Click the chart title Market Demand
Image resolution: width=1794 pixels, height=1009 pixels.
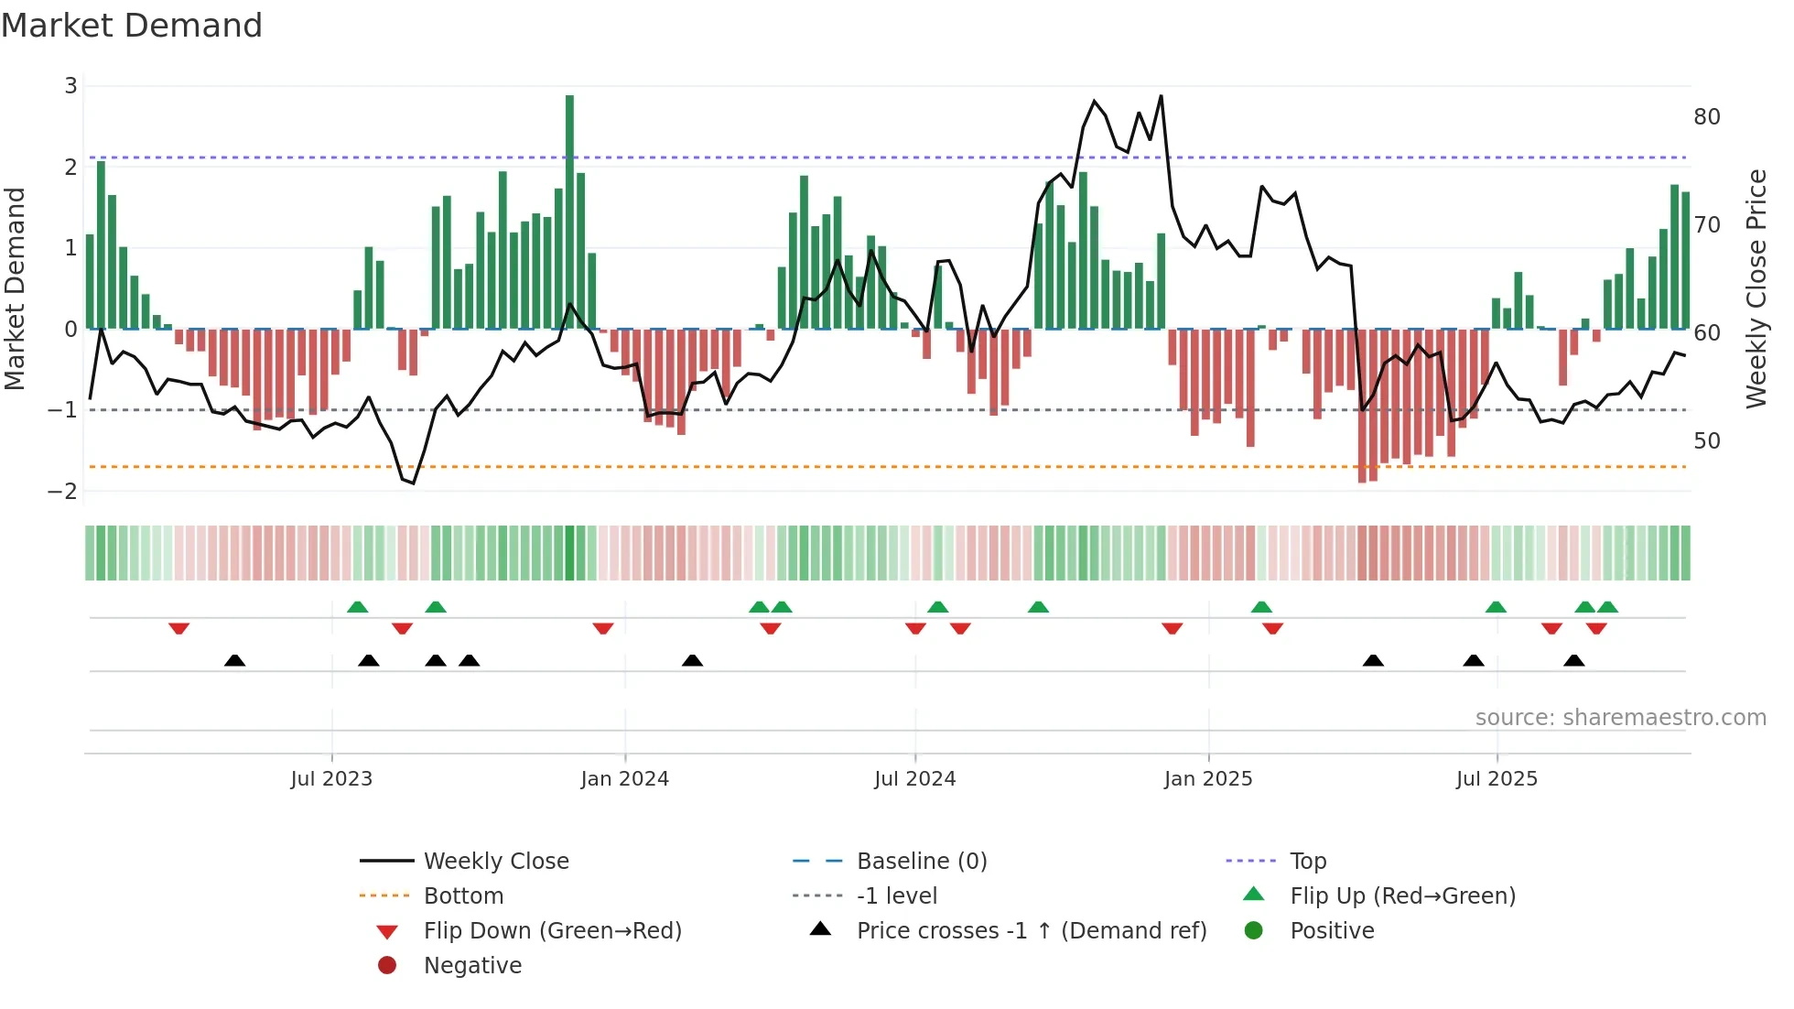[132, 26]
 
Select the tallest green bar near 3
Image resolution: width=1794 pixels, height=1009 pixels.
[569, 211]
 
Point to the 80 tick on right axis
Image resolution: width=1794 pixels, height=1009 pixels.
[1706, 117]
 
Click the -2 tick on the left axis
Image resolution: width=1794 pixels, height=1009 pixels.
[63, 492]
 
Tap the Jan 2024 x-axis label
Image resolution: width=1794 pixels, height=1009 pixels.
[624, 779]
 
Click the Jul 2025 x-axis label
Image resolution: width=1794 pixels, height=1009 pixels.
[1497, 779]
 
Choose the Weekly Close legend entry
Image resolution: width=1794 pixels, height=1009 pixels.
[495, 862]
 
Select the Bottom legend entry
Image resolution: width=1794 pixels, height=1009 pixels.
[463, 896]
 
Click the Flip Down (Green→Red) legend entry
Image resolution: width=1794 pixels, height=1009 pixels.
[552, 931]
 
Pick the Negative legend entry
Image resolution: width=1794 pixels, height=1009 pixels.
[472, 966]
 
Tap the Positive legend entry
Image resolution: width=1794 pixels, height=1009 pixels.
[1332, 931]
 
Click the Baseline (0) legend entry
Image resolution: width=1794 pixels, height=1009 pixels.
[921, 862]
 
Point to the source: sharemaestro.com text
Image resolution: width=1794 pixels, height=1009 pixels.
[1620, 718]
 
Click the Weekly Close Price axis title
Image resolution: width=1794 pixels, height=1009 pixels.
[1756, 288]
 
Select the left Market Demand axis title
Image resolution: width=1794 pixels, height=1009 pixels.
[16, 288]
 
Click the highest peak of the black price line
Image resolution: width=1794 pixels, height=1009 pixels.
[1161, 96]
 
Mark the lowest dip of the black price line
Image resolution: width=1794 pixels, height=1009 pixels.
[414, 483]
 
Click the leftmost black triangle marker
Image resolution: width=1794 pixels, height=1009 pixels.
[235, 661]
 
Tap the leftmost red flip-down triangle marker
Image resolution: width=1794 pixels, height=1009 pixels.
[179, 628]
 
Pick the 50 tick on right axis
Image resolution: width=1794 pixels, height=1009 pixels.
[1706, 441]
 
